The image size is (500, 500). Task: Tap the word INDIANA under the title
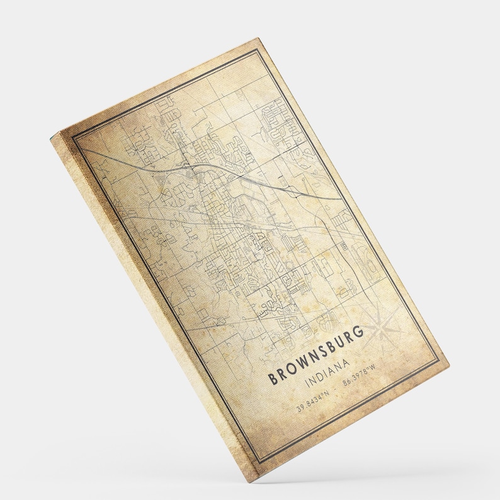pyautogui.click(x=328, y=375)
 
